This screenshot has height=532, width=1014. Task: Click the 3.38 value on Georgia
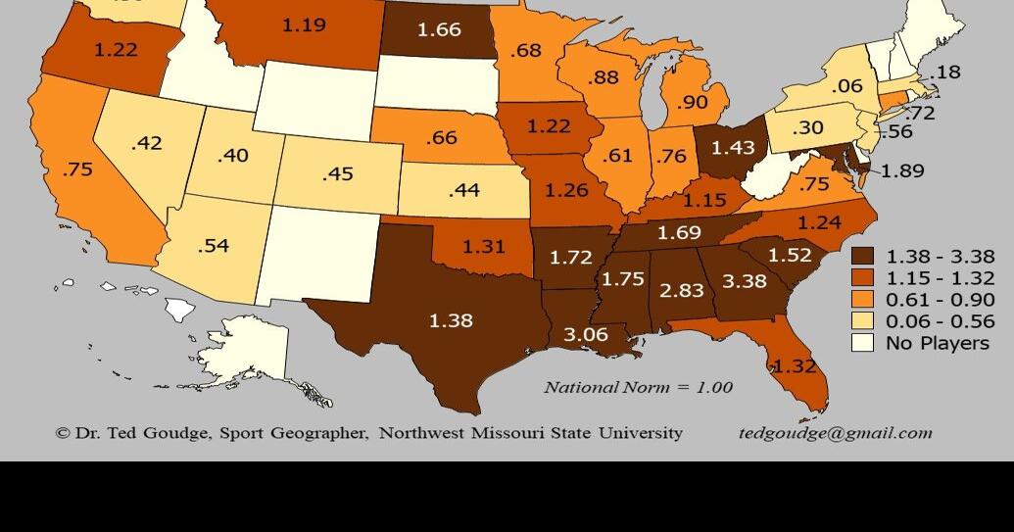click(744, 281)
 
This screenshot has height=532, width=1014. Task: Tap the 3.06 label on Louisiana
click(585, 334)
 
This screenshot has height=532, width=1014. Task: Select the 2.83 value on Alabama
click(681, 290)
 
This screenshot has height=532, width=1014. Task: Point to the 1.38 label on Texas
click(451, 319)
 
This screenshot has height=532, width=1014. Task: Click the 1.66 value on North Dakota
click(439, 29)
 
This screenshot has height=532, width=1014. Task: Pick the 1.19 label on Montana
click(304, 24)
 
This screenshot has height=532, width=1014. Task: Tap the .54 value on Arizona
click(213, 245)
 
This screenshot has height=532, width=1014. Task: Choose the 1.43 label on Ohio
click(733, 147)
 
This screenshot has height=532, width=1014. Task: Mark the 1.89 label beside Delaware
click(902, 170)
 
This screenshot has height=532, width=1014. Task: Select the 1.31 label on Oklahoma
click(483, 247)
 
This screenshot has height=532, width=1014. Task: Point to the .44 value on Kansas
click(463, 190)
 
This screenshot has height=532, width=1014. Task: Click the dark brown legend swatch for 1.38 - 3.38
click(862, 256)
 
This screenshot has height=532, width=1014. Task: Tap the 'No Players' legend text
click(937, 343)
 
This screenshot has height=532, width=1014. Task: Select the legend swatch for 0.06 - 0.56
click(862, 321)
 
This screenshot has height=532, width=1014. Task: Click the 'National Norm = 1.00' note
click(638, 387)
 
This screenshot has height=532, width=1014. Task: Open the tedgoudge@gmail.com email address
click(835, 432)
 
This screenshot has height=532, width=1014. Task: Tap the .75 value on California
click(76, 169)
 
